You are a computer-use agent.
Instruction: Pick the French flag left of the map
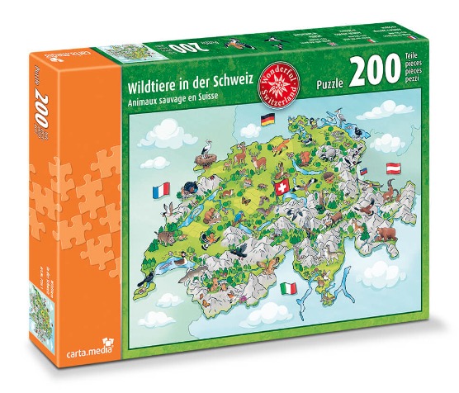pos(160,193)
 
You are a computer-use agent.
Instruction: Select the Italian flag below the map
pos(288,289)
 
